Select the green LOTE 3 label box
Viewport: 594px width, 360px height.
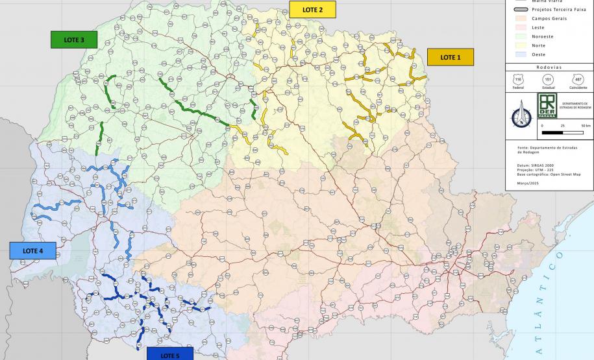click(73, 40)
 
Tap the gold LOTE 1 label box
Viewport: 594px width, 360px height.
click(450, 57)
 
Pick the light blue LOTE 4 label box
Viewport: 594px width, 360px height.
click(32, 250)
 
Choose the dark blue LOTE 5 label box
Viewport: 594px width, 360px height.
click(169, 354)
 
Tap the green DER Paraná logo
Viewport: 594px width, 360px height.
click(547, 105)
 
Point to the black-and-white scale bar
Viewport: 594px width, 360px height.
click(562, 132)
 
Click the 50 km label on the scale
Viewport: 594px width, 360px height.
click(586, 126)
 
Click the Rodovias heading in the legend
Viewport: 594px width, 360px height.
click(549, 67)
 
